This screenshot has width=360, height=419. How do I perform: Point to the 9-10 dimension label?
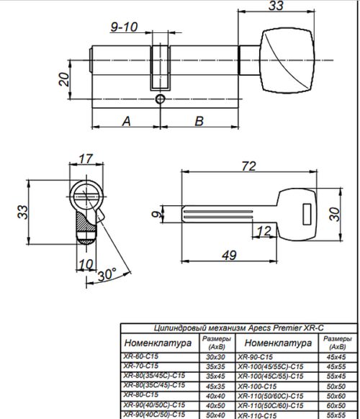(123, 27)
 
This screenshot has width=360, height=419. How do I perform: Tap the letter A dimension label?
(126, 121)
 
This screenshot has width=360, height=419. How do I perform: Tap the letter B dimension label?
(199, 121)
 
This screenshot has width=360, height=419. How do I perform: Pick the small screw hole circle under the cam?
(159, 98)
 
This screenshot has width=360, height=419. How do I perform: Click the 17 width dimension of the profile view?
(86, 158)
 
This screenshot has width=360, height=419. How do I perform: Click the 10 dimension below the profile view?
(86, 263)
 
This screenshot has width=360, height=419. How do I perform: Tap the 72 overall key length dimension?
(248, 166)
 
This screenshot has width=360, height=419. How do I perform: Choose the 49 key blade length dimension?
(230, 254)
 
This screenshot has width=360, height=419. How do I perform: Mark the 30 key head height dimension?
(333, 214)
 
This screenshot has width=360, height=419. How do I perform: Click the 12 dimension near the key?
(264, 230)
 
